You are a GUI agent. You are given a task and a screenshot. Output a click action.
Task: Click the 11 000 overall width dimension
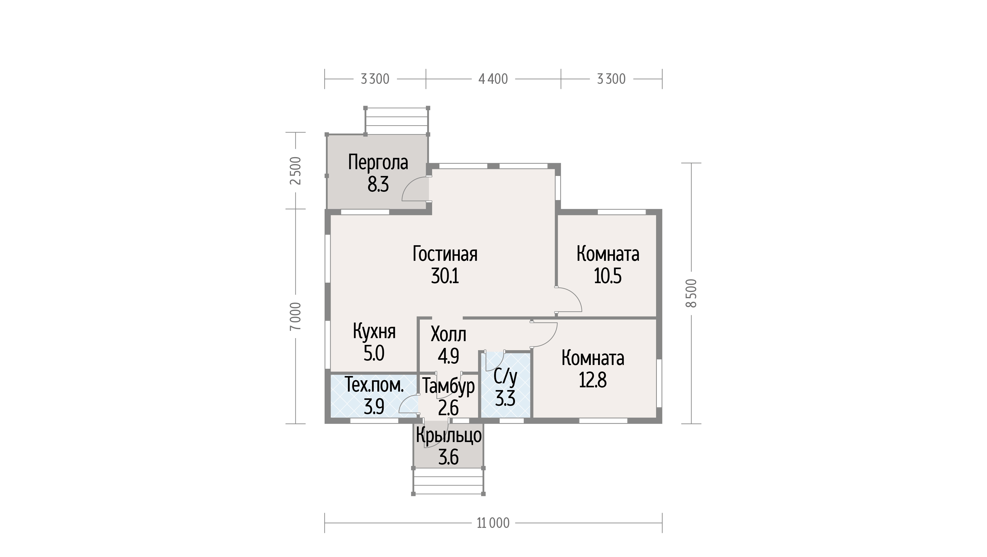tap(493, 523)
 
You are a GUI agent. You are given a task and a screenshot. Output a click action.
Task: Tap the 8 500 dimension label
tap(691, 293)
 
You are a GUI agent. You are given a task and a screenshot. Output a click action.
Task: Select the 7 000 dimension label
tap(296, 317)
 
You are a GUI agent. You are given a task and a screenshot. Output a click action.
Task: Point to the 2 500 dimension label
tap(296, 170)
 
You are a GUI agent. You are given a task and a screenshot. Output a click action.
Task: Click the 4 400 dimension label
tap(493, 79)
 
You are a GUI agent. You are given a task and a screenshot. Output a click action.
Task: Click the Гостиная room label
tap(445, 254)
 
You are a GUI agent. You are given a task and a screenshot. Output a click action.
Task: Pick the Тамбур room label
tap(448, 387)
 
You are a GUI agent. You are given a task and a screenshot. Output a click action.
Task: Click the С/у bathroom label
tap(505, 377)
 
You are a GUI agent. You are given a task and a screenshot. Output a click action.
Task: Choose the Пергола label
tap(378, 162)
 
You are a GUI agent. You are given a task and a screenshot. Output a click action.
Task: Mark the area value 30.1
tap(445, 276)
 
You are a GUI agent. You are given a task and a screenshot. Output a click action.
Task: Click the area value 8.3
tap(378, 185)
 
